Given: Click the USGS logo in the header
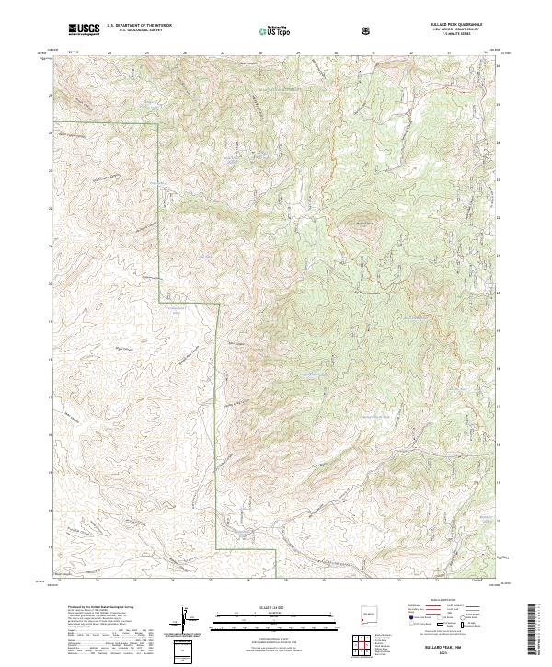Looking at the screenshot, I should click(84, 29).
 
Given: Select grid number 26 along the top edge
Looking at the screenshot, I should click(185, 53).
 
